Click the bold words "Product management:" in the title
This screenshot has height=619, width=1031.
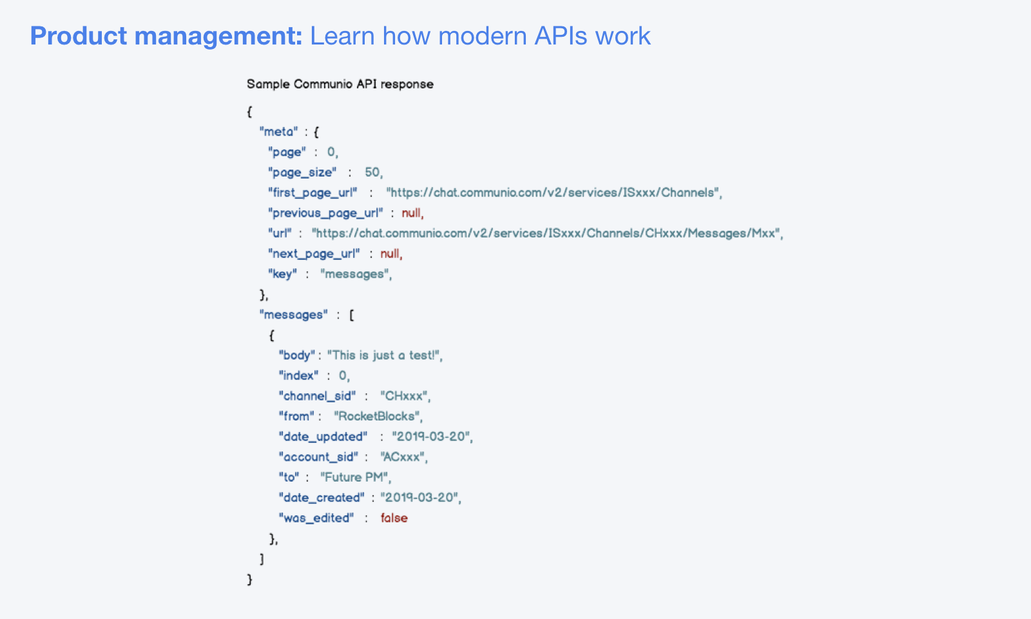(x=166, y=36)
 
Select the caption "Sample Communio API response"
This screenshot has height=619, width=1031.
(x=340, y=84)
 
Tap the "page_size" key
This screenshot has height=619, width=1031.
(x=302, y=172)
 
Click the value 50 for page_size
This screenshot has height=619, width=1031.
(x=373, y=172)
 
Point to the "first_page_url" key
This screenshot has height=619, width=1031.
(x=313, y=193)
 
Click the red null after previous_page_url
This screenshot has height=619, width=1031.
(x=412, y=213)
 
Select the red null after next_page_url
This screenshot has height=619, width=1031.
(x=390, y=253)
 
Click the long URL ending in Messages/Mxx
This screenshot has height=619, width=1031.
(x=547, y=233)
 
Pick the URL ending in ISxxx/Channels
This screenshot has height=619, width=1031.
(x=554, y=193)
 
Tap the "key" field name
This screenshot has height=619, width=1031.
(x=282, y=274)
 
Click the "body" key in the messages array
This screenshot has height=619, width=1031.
(x=296, y=355)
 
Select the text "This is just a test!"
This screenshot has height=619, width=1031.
(x=385, y=355)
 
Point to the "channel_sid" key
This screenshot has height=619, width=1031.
(x=317, y=396)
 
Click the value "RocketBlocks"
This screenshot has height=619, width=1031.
(x=378, y=417)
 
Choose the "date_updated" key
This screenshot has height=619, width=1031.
(x=323, y=437)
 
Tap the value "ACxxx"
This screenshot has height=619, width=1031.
(x=403, y=457)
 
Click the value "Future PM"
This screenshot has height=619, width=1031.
(x=355, y=477)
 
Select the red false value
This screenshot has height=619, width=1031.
(x=394, y=518)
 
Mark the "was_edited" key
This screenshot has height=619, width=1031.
(x=316, y=518)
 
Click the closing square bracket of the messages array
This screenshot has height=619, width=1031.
(x=262, y=559)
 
